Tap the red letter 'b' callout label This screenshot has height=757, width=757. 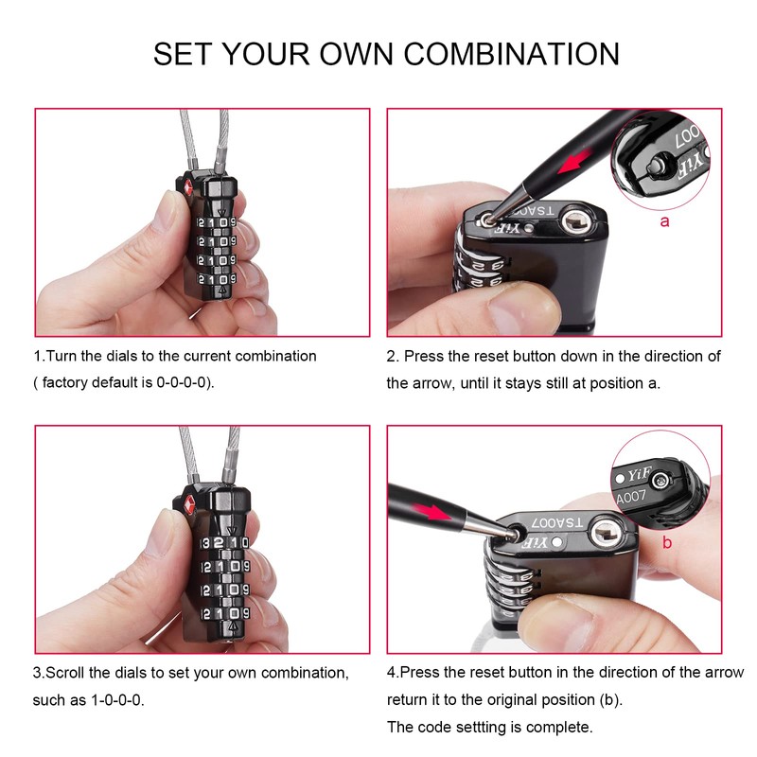pos(667,542)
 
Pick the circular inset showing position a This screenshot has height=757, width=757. pos(662,160)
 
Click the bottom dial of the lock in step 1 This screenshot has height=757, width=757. pos(216,280)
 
